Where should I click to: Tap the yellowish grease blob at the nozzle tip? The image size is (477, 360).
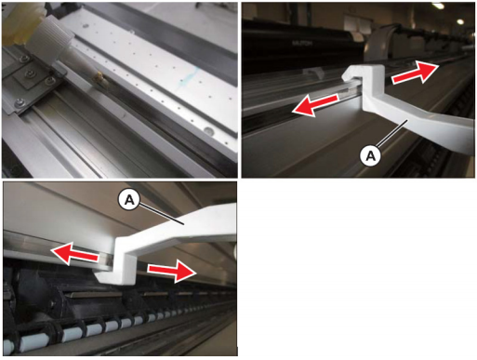pos(100,78)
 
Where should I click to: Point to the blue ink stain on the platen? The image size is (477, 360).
pos(188,78)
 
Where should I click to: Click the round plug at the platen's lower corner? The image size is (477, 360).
pos(208,131)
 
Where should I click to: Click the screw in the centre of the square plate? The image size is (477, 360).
pos(31,73)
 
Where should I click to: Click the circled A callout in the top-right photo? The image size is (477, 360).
pos(370,155)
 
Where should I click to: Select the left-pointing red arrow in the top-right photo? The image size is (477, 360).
pos(314,104)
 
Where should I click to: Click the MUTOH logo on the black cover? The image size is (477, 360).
pos(302,44)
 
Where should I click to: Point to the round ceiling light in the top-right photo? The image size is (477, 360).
pos(460,21)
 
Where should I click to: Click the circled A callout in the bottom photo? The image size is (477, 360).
pos(129,200)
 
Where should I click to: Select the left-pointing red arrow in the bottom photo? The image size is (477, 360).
pos(75,254)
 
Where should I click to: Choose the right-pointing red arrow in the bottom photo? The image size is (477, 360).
pos(172,271)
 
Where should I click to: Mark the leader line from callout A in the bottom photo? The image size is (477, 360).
pos(161,213)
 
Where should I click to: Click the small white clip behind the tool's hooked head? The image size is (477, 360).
pos(315,73)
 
